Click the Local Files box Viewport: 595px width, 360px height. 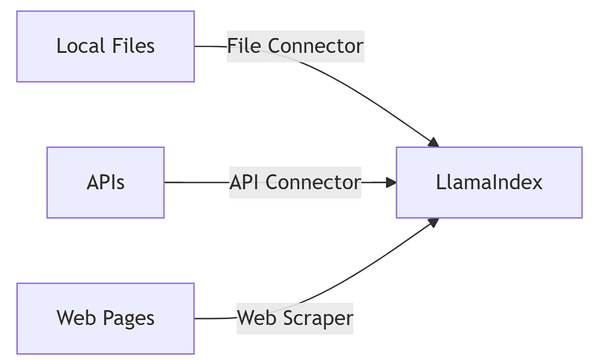[x=105, y=46]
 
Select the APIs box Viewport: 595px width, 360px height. [x=105, y=182]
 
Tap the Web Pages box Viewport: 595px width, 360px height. [x=105, y=318]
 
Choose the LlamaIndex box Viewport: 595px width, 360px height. [x=489, y=182]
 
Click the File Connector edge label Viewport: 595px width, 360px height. [x=295, y=46]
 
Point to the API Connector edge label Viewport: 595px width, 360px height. [x=295, y=182]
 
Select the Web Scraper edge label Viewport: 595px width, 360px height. [x=295, y=318]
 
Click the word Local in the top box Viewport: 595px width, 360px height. [x=79, y=46]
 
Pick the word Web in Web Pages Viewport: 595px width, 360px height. [x=74, y=318]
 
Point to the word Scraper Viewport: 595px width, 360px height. [x=320, y=318]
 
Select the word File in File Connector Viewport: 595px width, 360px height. [x=245, y=46]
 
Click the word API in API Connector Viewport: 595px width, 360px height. [x=245, y=182]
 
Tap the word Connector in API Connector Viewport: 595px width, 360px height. [x=313, y=182]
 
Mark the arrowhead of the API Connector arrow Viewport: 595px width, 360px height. [x=390, y=182]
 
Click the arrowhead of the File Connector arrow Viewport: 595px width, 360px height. [x=434, y=141]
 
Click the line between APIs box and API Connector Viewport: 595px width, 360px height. [x=196, y=182]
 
